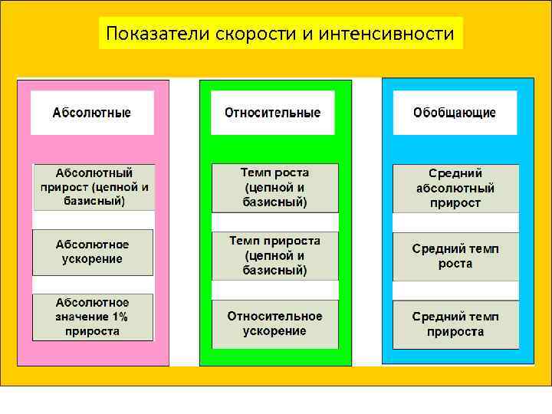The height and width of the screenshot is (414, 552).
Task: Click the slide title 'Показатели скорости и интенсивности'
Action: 281,34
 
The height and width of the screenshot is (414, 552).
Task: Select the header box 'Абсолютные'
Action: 92,113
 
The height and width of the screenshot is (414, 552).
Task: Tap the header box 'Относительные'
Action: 273,113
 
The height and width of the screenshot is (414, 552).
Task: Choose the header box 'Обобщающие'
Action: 455,113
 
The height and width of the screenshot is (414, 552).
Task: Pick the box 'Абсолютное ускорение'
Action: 93,251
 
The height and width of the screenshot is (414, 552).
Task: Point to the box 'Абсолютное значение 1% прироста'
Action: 93,317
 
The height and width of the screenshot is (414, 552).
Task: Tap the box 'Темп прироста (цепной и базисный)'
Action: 275,255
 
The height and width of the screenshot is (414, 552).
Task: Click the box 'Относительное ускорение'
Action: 275,324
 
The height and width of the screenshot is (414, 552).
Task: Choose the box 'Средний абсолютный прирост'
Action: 455,189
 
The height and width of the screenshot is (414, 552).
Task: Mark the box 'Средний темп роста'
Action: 455,256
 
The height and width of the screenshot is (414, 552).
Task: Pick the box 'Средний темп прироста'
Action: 455,324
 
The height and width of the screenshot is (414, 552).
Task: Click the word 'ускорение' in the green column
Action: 274,331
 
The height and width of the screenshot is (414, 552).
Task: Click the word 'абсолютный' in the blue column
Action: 455,189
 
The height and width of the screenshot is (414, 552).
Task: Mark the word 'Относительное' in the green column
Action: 275,316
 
